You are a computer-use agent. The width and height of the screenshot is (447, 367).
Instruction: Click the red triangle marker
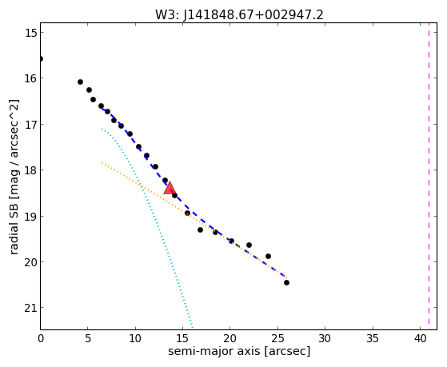[x=170, y=188]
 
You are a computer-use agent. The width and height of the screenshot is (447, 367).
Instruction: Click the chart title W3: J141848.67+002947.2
[x=239, y=15]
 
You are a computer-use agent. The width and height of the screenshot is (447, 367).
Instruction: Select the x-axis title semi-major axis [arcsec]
[x=239, y=351]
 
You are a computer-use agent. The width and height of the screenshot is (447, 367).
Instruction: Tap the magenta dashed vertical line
[x=429, y=176]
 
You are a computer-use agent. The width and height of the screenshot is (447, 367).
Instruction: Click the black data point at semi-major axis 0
[x=41, y=58]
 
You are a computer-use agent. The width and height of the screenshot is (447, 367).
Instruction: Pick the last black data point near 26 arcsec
[x=286, y=282]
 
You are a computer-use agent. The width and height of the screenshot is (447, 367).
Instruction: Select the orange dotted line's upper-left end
[x=102, y=162]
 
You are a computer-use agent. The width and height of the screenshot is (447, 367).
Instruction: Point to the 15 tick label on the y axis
[x=31, y=33]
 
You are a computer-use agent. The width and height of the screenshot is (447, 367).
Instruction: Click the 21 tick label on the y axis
[x=31, y=308]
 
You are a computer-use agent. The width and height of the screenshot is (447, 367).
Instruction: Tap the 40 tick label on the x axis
[x=420, y=338]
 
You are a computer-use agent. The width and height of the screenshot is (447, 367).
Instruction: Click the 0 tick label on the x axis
[x=41, y=338]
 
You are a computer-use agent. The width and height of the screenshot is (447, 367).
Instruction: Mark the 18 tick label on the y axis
[x=31, y=170]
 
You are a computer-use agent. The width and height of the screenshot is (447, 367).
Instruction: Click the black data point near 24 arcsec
[x=268, y=256]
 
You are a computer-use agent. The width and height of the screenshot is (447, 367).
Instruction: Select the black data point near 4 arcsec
[x=80, y=82]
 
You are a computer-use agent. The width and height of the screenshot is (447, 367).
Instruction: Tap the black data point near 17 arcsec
[x=200, y=229]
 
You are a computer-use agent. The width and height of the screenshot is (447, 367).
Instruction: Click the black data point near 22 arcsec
[x=249, y=245]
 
